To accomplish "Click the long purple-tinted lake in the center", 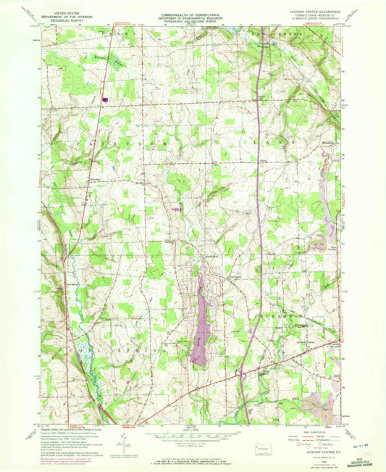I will (x=202, y=319).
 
